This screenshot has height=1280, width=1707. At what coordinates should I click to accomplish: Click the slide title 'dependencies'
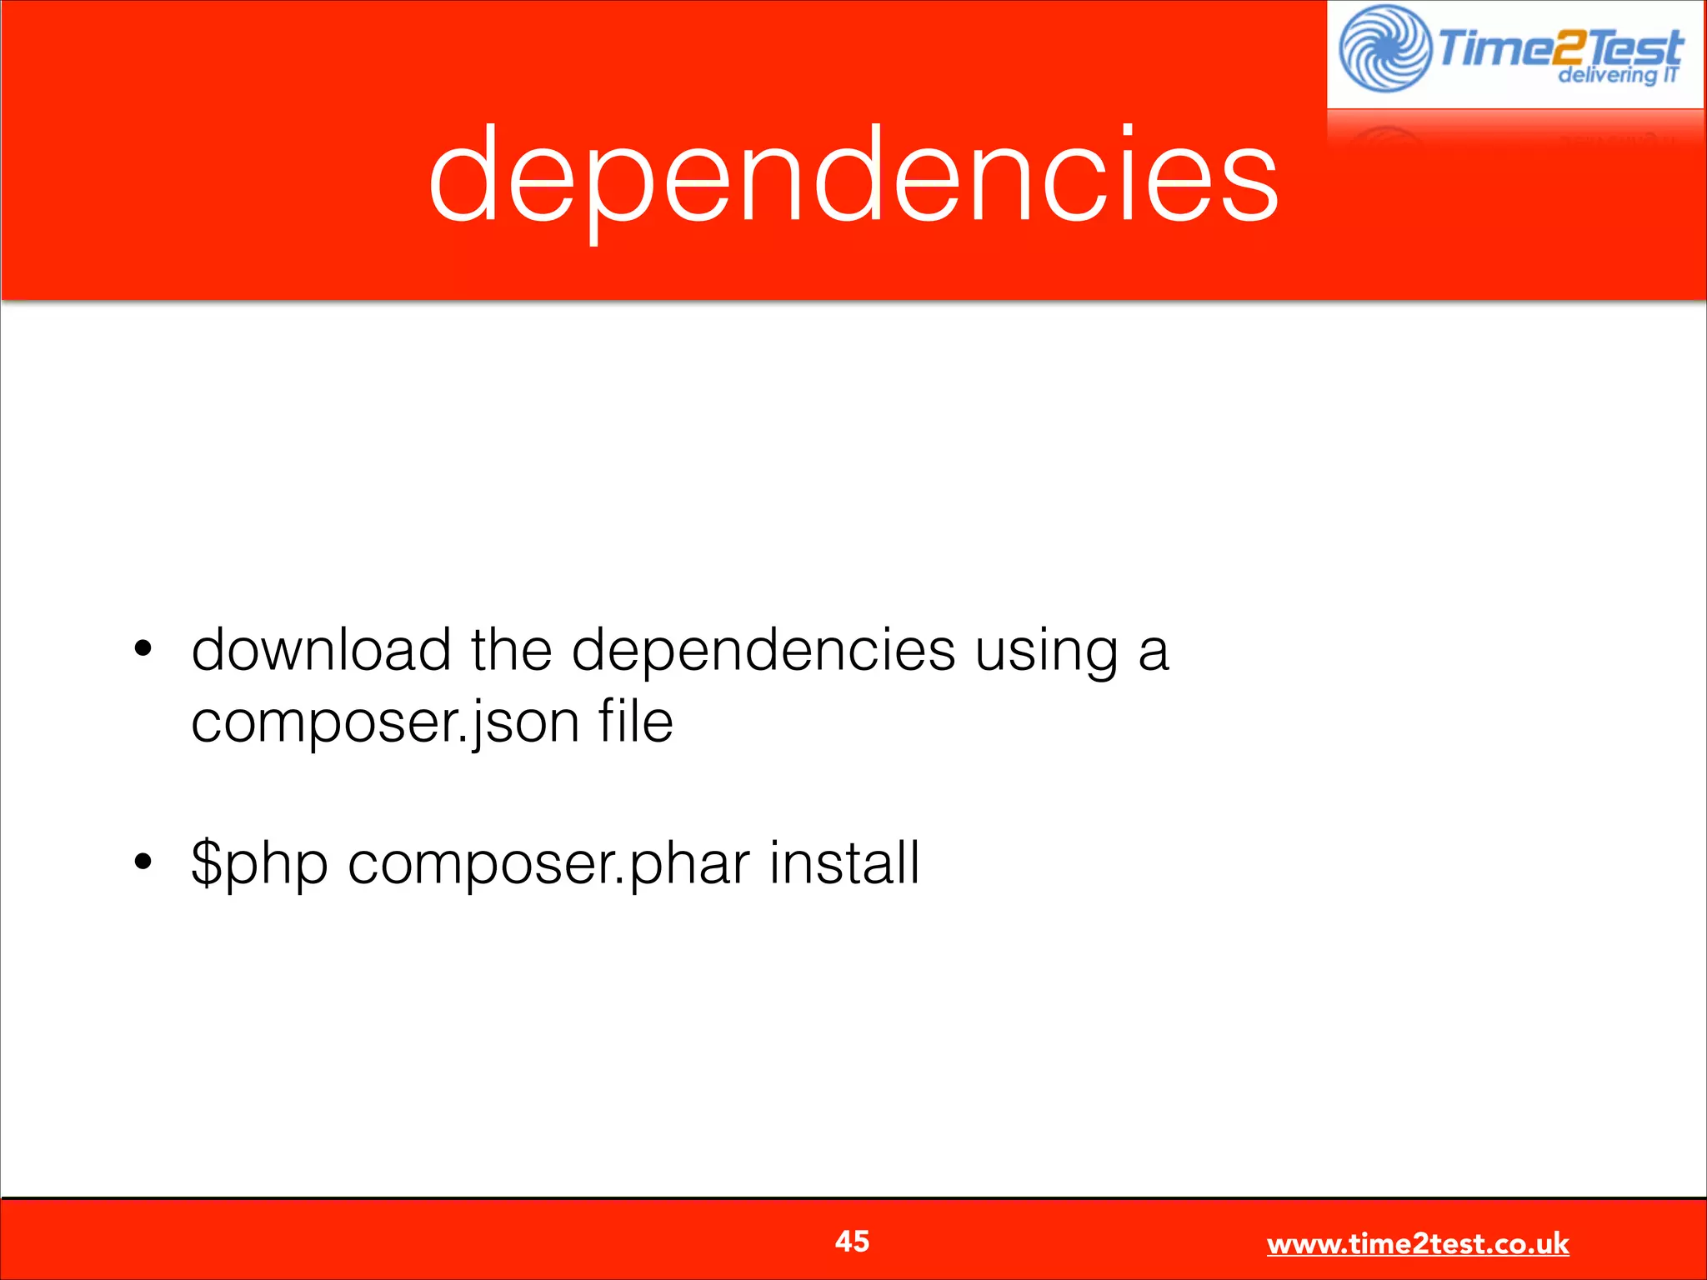pos(853,175)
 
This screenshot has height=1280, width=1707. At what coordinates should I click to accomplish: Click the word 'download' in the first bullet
pos(322,649)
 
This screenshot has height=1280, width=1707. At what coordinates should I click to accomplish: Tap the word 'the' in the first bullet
pos(511,649)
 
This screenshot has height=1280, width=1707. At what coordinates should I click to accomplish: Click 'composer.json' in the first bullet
pos(385,722)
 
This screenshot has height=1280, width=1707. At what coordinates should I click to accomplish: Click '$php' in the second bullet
pos(259,864)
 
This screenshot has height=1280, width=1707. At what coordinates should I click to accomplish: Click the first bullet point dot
pos(143,648)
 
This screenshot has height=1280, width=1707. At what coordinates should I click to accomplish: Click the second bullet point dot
pos(143,862)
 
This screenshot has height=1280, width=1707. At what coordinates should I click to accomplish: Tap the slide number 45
pos(852,1241)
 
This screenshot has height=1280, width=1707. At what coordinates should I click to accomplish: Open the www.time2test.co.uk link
pos(1418,1243)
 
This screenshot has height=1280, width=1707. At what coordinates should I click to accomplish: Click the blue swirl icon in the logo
pos(1384,48)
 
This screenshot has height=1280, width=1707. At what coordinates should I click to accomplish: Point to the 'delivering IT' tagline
pos(1618,75)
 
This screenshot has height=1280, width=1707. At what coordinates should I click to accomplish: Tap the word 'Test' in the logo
pos(1634,47)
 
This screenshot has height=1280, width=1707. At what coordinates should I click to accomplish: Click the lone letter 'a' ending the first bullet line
pos(1154,652)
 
